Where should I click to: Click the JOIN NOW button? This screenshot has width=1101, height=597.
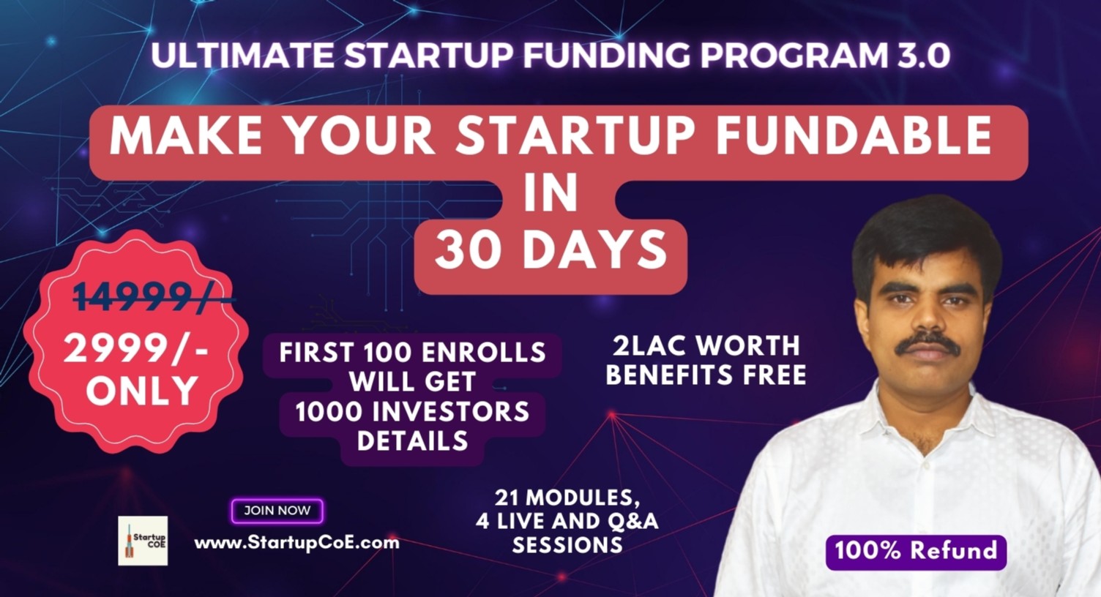click(277, 511)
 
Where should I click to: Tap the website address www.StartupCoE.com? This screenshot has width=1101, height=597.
click(296, 543)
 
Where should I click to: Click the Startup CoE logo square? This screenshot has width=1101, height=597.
click(143, 541)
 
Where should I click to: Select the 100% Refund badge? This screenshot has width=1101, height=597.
click(916, 551)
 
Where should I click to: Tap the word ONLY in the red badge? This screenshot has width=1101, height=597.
click(142, 391)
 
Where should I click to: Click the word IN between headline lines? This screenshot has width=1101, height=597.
click(551, 194)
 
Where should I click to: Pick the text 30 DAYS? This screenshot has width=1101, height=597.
click(550, 251)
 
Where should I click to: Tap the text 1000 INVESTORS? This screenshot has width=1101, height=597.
click(412, 412)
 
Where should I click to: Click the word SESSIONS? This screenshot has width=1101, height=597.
click(567, 545)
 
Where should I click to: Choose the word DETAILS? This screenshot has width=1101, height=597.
click(412, 441)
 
